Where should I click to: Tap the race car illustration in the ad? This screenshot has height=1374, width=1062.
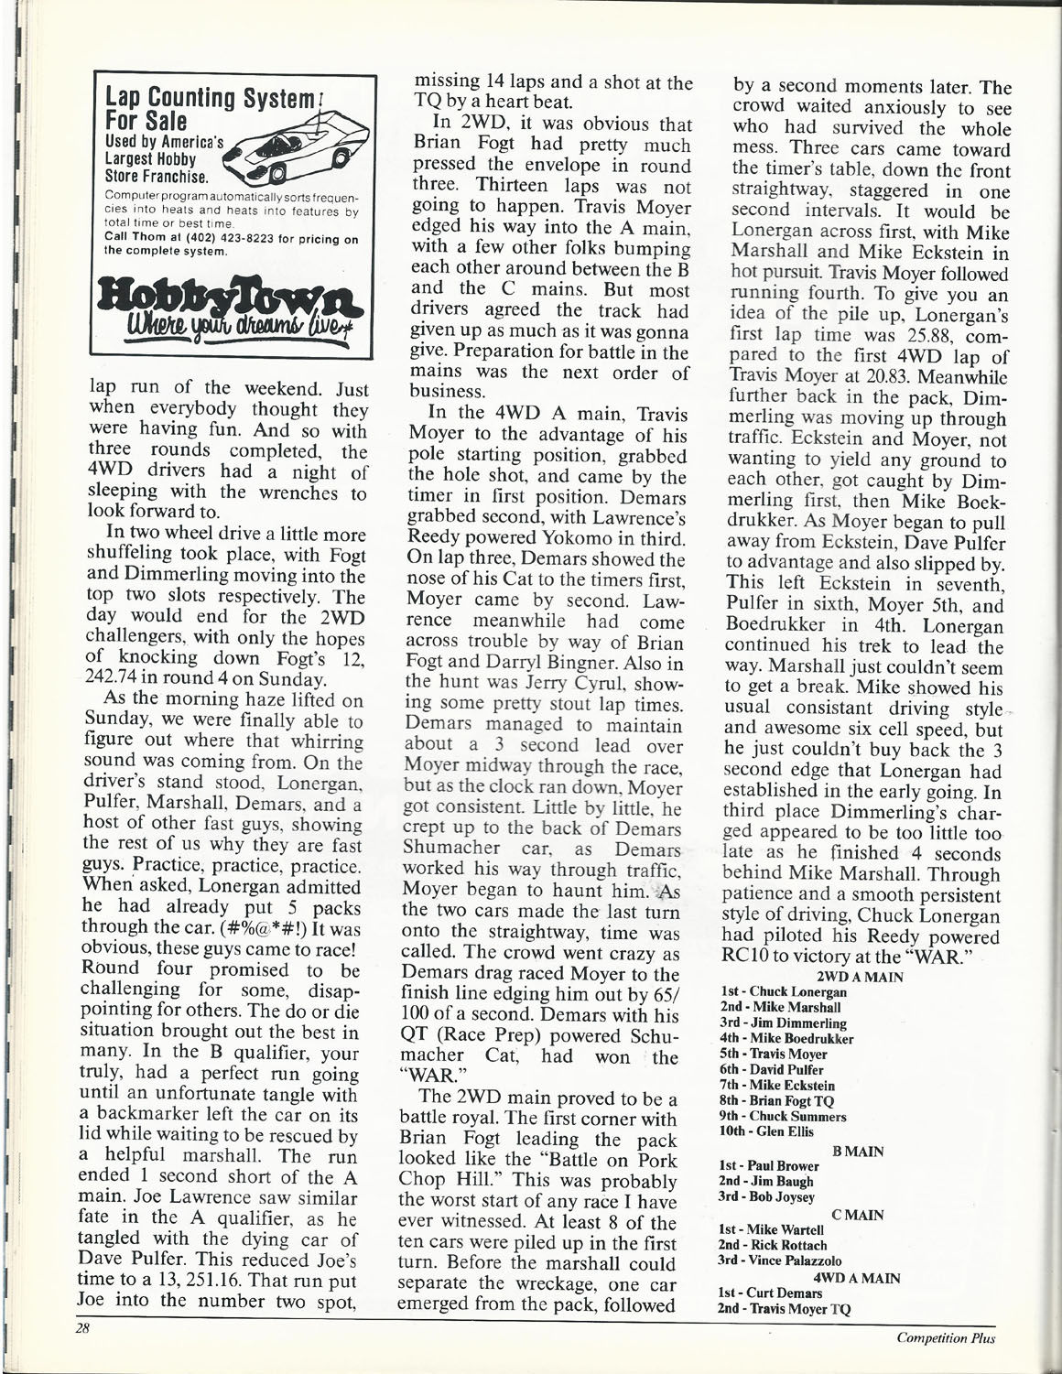click(294, 149)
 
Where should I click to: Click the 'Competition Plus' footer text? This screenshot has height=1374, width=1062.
click(946, 1338)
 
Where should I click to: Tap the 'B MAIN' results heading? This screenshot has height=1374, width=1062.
click(860, 1151)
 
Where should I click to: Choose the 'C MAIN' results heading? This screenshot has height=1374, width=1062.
click(858, 1215)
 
